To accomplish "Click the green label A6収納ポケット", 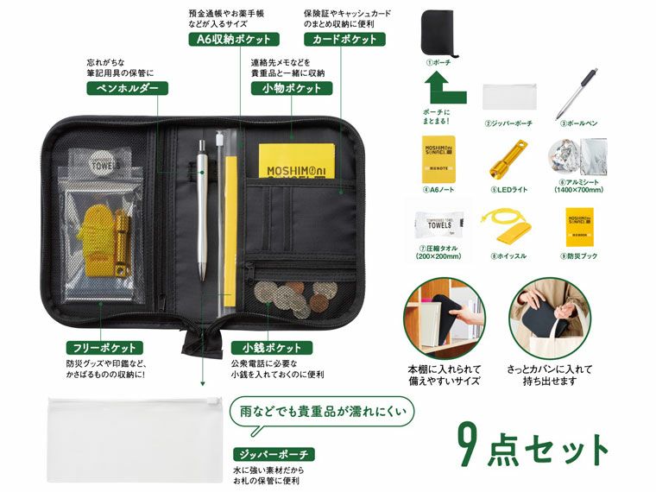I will point(233,39).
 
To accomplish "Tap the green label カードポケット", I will point(344,39).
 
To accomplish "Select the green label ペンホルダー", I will point(126,87).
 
